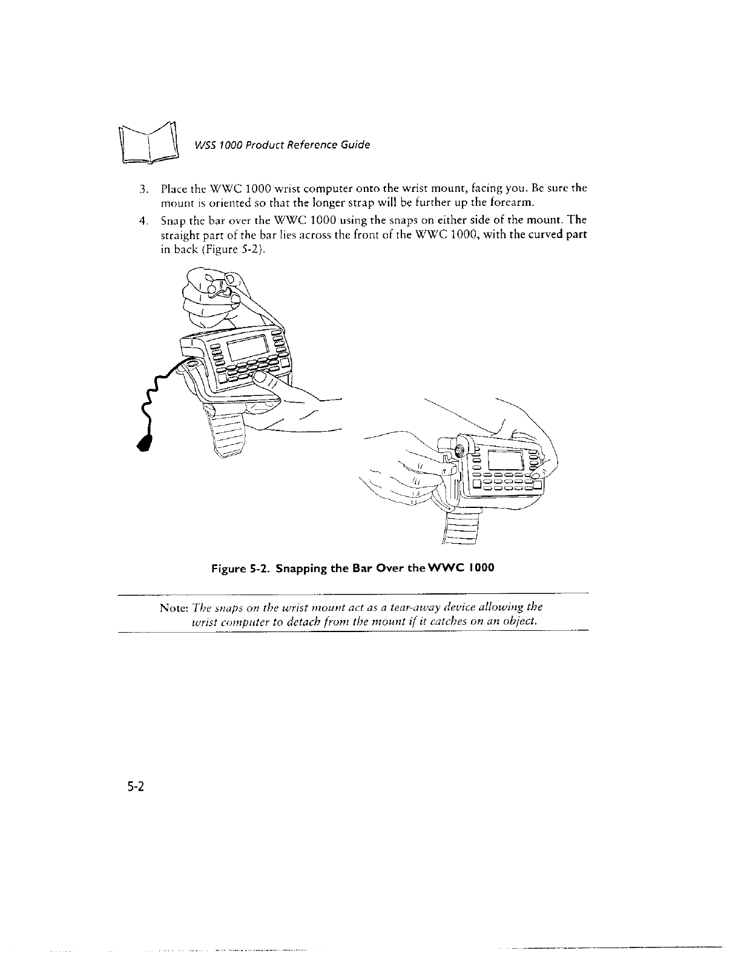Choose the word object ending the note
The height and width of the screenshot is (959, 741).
point(521,622)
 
